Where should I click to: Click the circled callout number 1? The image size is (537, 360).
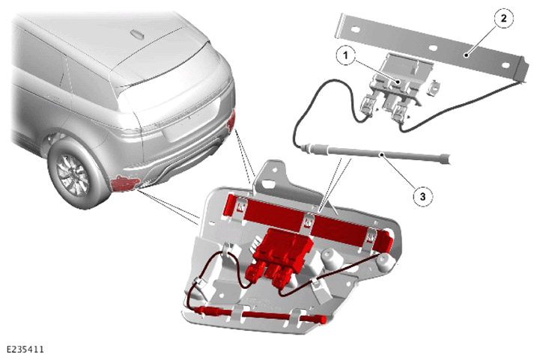point(345,55)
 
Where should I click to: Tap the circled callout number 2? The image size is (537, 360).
point(503,18)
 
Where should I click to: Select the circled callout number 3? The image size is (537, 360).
point(422,196)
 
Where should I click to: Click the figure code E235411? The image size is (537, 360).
point(25,350)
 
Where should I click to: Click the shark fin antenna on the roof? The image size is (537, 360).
point(137,34)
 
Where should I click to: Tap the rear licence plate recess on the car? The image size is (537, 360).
point(192,123)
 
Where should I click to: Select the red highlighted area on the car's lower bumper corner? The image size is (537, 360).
point(124,183)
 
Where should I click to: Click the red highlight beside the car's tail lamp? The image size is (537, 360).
point(231,120)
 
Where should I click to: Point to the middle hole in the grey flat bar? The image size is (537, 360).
point(433,48)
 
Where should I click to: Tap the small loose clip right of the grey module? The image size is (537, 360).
point(434,87)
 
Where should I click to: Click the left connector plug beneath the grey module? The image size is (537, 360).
point(368,106)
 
